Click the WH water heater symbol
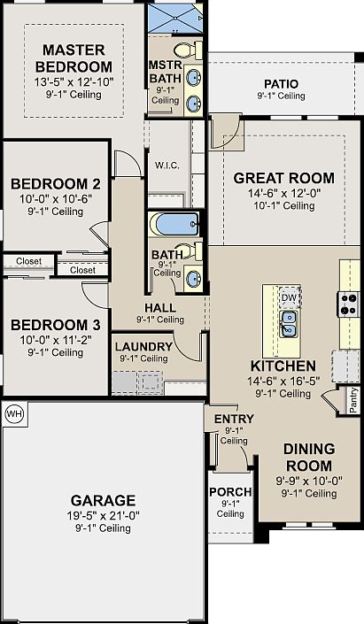pos(15,414)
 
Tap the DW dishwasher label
pos(289,297)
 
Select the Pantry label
pos(353,401)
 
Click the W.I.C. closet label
pos(167,166)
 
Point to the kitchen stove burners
pos(349,304)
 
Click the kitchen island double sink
pos(288,324)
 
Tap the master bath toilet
pos(188,50)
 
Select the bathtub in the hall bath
pos(174,225)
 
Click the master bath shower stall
pos(175,19)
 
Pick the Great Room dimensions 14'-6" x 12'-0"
pos(284,194)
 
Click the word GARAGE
pos(103,500)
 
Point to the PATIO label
pos(281,84)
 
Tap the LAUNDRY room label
pos(143,347)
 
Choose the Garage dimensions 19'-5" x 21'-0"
pos(103,516)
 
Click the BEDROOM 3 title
pos(56,325)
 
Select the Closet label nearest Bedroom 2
pos(28,261)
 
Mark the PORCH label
pos(230,492)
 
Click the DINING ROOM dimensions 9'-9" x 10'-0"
pos(309,481)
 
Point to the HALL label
pos(160,308)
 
